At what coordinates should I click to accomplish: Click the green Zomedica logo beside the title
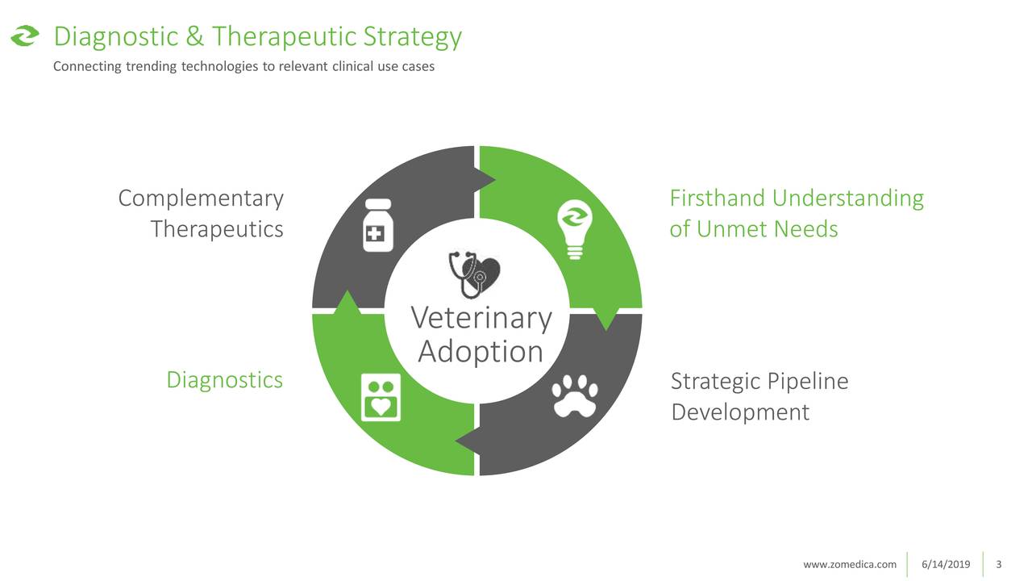coord(25,36)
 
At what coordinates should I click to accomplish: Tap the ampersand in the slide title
coord(194,36)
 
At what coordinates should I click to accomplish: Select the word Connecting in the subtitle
coord(87,67)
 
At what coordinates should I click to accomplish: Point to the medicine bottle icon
coord(378,225)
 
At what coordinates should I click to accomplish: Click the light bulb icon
coord(575,229)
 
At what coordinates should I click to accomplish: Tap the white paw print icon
coord(575,396)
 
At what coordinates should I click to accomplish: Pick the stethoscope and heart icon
coord(474,274)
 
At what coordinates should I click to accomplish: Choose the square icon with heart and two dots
coord(381,397)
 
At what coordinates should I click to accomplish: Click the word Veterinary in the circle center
coord(481,319)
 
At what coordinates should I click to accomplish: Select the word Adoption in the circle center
coord(481,353)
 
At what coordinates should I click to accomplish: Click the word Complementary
coord(201,199)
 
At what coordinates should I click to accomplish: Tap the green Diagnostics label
coord(224,380)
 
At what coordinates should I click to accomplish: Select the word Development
coord(740,412)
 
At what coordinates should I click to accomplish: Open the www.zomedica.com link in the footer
coord(850,564)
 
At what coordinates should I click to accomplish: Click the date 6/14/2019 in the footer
coord(946,564)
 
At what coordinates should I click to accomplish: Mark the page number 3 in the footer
coord(999,564)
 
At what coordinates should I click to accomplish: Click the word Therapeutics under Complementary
coord(217,229)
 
